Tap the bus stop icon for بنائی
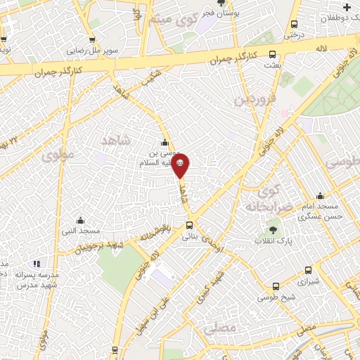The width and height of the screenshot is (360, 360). [190, 226]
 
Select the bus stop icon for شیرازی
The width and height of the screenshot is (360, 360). [308, 270]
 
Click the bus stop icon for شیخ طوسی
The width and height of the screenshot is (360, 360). [275, 287]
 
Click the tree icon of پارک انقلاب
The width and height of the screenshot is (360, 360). [273, 230]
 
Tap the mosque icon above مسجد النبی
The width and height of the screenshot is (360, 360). [80, 220]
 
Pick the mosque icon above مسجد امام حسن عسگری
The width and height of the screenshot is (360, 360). [321, 196]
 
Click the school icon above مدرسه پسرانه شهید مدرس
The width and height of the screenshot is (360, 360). [37, 264]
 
